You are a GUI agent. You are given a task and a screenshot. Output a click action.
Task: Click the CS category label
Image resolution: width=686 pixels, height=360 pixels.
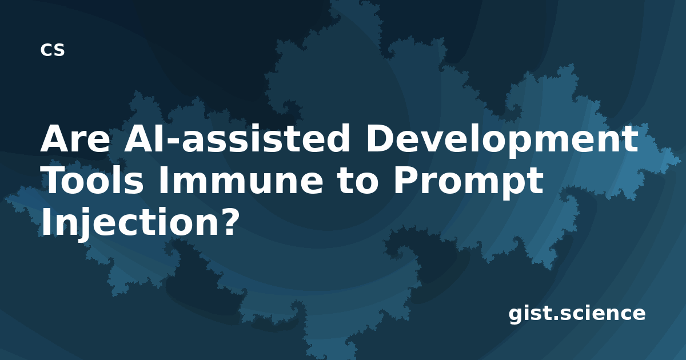[x=53, y=50]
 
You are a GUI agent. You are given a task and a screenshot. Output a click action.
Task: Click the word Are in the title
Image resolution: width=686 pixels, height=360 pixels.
[x=75, y=138]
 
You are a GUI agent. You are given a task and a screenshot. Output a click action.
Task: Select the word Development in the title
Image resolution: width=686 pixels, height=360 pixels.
[x=502, y=141]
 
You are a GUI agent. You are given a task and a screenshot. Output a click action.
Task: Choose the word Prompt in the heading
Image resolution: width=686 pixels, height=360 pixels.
[x=469, y=183]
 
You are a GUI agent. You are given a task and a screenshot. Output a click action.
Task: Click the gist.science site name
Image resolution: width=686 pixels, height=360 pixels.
[x=577, y=314]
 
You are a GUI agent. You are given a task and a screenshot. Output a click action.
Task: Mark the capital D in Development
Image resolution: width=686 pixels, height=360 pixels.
[x=381, y=138]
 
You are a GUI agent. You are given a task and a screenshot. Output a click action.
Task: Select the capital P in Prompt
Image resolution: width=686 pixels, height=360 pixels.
[x=406, y=181]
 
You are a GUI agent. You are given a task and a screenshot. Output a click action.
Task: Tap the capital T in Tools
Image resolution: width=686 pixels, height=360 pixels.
[x=54, y=181]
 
